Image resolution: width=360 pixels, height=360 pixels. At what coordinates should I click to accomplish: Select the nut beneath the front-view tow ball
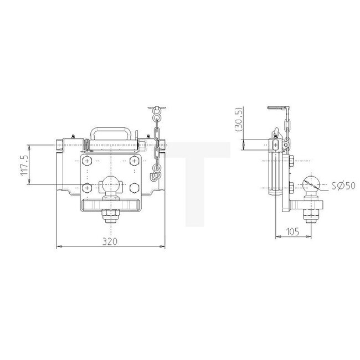[109, 216]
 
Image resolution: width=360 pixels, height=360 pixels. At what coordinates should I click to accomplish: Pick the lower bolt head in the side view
[291, 187]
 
